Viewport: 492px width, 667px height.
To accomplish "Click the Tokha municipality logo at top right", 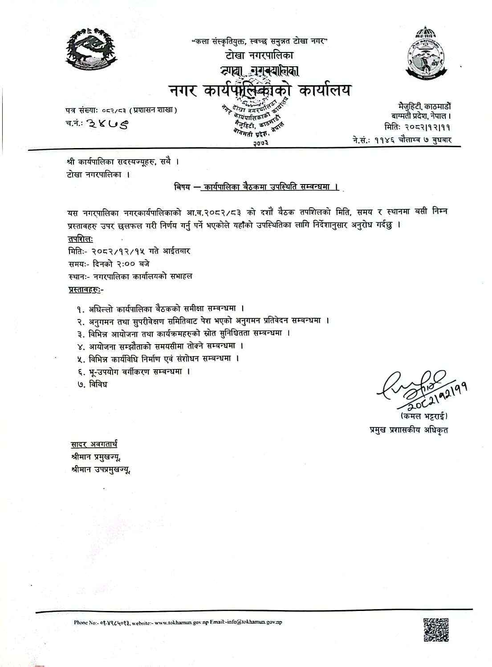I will [425, 52].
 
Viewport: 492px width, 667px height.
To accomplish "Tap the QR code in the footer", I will [435, 629].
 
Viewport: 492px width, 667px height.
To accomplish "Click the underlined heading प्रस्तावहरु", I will [85, 289].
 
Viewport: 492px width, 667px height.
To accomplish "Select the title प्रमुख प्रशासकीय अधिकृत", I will [409, 430].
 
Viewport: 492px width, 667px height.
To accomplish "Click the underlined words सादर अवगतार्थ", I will [94, 444].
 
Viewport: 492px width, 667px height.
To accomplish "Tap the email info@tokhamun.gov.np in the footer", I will [258, 622].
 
